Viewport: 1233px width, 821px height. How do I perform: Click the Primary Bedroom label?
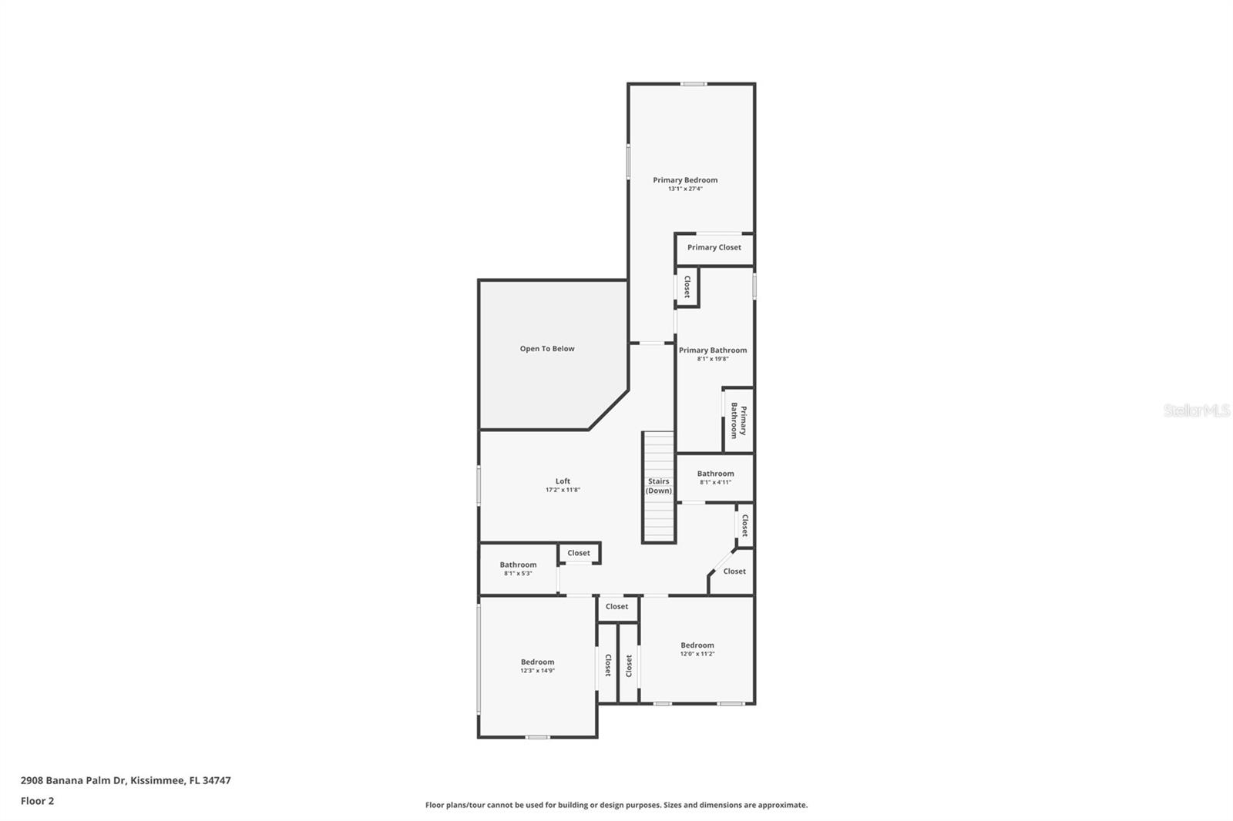point(685,180)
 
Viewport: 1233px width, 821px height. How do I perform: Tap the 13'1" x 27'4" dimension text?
point(685,189)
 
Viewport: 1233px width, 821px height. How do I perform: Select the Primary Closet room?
point(714,248)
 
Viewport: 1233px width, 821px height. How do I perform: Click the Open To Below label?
point(547,349)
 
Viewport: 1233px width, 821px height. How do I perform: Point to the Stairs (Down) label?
point(659,486)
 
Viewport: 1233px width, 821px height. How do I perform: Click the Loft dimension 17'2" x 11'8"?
point(563,490)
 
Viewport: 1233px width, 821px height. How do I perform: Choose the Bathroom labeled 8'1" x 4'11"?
point(715,478)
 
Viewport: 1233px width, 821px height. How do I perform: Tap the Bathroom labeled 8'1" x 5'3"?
point(518,568)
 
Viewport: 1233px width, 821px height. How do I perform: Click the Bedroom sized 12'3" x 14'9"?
point(537,665)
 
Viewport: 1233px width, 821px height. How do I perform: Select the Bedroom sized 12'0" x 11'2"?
point(697,648)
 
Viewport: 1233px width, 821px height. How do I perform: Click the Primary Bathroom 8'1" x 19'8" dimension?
point(713,359)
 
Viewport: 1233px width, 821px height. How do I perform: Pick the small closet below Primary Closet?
point(687,287)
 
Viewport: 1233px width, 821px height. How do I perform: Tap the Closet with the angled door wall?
point(734,571)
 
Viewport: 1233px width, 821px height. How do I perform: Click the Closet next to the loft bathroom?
point(579,553)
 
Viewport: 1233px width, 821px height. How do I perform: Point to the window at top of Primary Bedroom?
point(693,84)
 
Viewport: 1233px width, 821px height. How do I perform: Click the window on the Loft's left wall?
point(479,486)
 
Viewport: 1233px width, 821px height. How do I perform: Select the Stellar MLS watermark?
point(1196,411)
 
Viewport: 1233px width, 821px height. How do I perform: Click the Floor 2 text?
point(37,801)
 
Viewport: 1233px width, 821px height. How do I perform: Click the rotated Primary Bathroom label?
point(738,421)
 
